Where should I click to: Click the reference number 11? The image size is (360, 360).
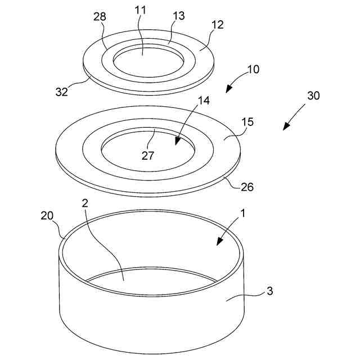coord(141,10)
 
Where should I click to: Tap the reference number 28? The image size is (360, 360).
coord(100,16)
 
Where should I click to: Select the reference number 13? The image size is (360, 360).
coord(179,16)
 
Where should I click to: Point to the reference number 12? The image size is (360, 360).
coord(218,25)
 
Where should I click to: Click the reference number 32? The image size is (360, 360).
coord(62,92)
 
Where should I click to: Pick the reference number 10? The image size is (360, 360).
coord(253,69)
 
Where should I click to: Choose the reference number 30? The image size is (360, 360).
coord(313,95)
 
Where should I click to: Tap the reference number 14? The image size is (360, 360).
coord(204,101)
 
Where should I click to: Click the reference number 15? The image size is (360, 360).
coord(247,122)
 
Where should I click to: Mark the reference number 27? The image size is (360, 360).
coord(147,156)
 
